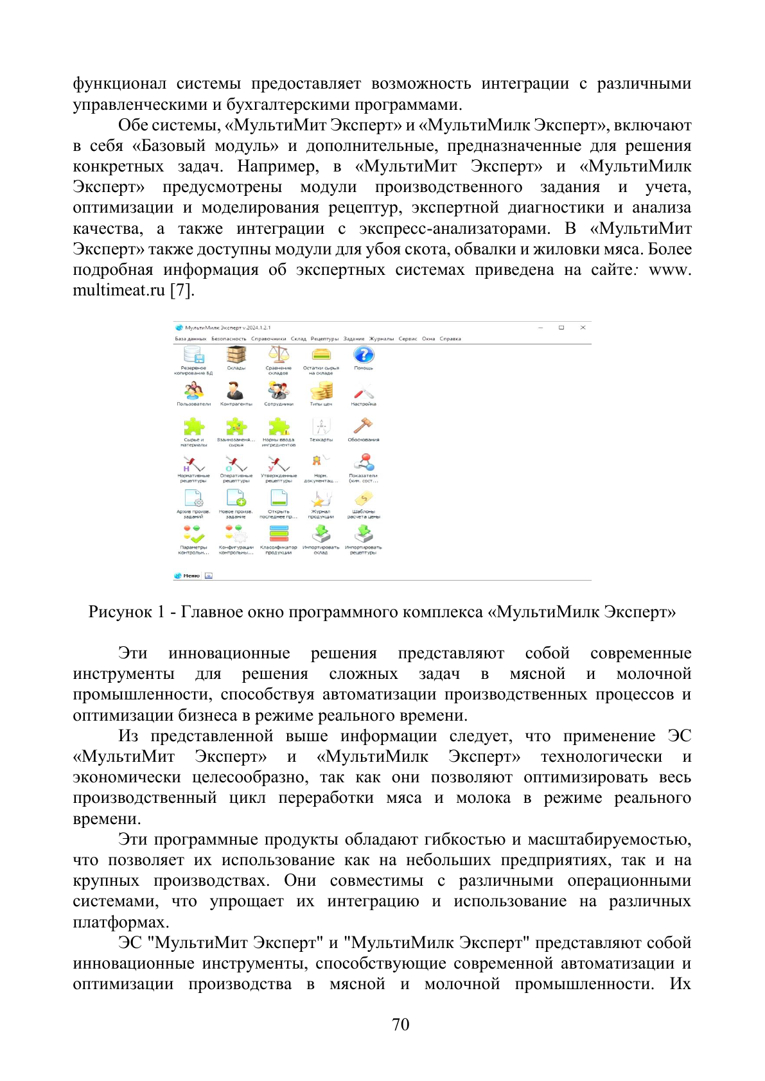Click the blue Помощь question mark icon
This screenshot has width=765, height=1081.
(x=364, y=355)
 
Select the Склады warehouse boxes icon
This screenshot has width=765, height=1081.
(x=236, y=355)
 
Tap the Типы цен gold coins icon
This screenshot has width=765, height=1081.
(x=321, y=391)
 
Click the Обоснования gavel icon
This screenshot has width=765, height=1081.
(x=364, y=426)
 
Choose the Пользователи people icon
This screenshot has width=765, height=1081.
(x=193, y=391)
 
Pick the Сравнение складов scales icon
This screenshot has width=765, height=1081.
(x=278, y=355)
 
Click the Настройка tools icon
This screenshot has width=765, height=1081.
(x=364, y=391)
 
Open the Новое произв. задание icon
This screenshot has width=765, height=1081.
(x=236, y=498)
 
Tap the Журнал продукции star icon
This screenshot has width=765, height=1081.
(x=321, y=498)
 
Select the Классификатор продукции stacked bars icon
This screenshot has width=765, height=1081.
(x=278, y=534)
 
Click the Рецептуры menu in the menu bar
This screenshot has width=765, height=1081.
(x=324, y=338)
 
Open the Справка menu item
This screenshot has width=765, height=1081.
(x=450, y=338)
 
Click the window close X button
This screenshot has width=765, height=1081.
(x=583, y=328)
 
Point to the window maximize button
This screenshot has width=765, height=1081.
(x=561, y=328)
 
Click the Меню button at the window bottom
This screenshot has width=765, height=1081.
(x=191, y=576)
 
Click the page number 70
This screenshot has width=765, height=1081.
(x=400, y=1024)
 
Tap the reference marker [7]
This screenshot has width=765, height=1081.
(x=182, y=290)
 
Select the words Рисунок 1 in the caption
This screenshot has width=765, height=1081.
(x=126, y=611)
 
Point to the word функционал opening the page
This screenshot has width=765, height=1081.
(x=119, y=83)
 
